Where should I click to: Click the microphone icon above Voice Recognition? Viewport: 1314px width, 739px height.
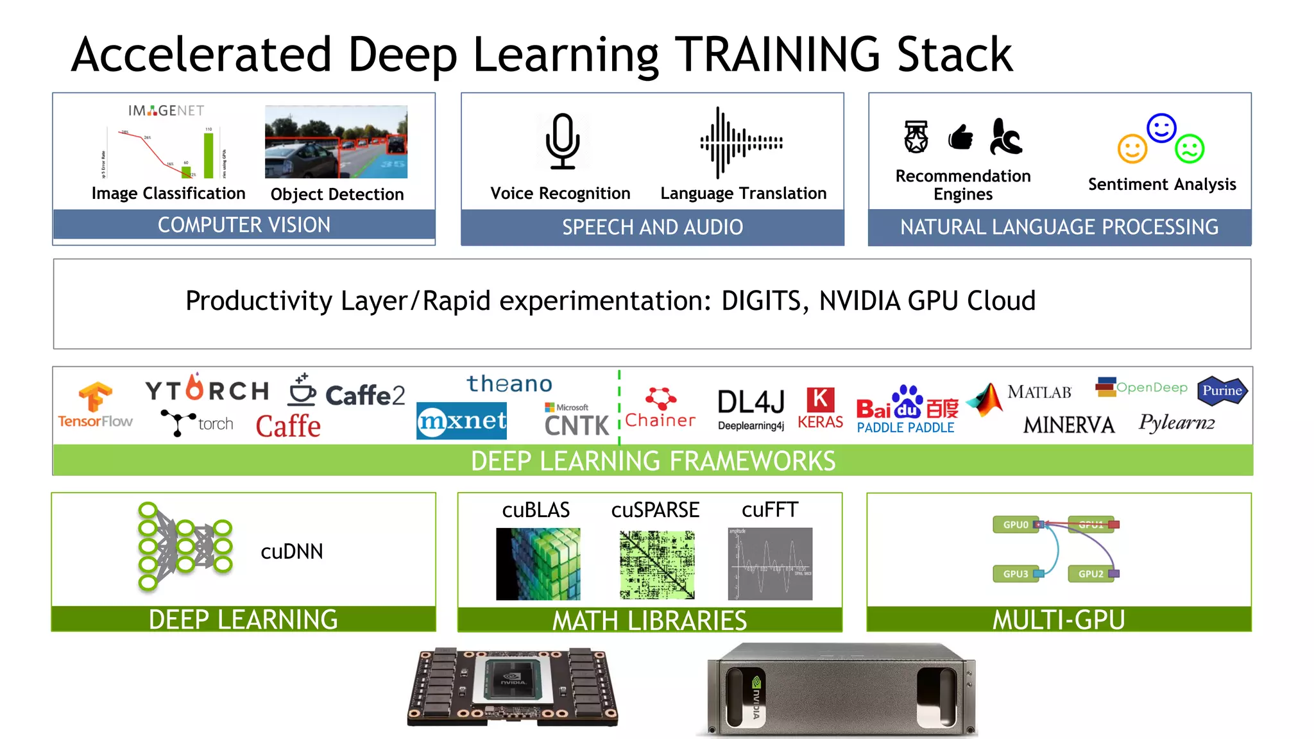click(563, 141)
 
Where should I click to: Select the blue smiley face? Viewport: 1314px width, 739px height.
click(1161, 128)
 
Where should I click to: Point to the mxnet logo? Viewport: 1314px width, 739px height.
click(461, 421)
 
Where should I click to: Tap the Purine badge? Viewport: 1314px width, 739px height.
click(1222, 391)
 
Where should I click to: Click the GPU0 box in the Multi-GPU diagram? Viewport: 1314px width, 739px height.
click(1016, 525)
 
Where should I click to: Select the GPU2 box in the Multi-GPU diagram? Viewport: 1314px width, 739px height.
click(1091, 573)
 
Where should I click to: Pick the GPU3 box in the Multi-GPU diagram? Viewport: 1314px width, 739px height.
click(1016, 573)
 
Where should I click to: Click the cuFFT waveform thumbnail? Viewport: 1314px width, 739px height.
click(770, 564)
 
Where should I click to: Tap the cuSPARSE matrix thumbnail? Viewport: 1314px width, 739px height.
click(656, 565)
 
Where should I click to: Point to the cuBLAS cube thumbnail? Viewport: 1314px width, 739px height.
click(538, 564)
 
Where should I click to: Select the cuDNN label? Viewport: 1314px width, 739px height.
click(292, 552)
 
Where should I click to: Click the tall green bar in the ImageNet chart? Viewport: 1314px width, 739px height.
click(209, 155)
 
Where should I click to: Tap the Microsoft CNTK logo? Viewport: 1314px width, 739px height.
click(576, 420)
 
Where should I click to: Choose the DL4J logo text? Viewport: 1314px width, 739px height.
click(751, 403)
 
